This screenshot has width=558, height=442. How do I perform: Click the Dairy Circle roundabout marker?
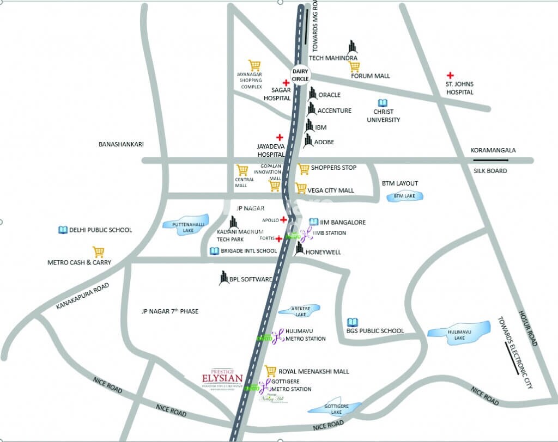tap(300, 75)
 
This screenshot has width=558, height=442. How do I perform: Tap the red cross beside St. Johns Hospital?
tap(450, 75)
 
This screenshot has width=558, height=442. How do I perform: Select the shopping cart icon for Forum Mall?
tap(354, 66)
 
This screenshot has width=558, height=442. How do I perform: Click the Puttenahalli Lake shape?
tap(186, 226)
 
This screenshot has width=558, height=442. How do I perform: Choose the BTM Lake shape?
tap(404, 196)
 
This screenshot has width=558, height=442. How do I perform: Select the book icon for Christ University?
tap(383, 103)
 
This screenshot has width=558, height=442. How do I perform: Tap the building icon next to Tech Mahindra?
tap(353, 47)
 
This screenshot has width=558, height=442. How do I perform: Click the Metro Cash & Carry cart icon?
tap(98, 252)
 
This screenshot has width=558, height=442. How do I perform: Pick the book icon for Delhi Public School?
tap(63, 230)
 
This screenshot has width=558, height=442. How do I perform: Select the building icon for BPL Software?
tap(223, 278)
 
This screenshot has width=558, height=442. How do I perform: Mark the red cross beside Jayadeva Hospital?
tap(280, 137)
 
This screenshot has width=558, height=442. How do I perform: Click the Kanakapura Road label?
tap(83, 297)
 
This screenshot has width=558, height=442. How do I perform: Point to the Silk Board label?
tap(490, 171)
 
